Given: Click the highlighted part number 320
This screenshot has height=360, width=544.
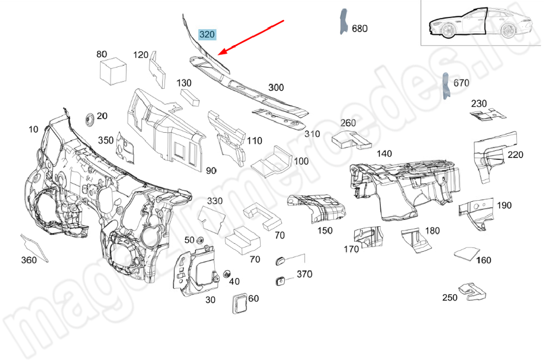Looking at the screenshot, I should (x=207, y=35).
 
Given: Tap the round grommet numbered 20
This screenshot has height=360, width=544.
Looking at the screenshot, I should (x=89, y=118).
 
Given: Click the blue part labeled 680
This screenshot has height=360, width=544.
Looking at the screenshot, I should (x=343, y=22).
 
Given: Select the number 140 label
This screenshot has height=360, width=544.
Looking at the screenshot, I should (x=384, y=154).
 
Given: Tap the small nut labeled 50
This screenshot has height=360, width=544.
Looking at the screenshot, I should (x=200, y=240).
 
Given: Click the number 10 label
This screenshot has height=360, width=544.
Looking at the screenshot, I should (x=34, y=129).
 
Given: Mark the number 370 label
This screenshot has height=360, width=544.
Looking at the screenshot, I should (x=304, y=274).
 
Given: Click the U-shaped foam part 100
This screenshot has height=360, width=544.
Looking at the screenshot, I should (x=275, y=158).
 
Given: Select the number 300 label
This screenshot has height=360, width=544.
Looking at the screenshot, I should (x=276, y=87).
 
